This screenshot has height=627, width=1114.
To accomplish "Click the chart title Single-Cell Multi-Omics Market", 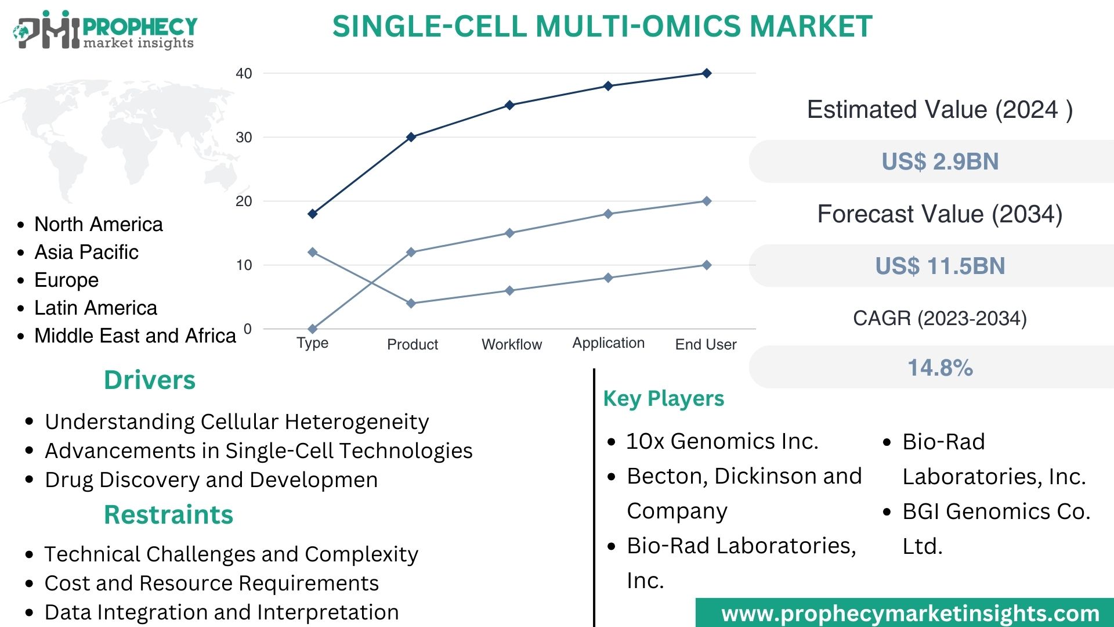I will [x=602, y=27].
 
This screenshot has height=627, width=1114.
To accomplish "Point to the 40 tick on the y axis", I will [x=244, y=74].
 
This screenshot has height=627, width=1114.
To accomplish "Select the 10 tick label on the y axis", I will [x=244, y=265].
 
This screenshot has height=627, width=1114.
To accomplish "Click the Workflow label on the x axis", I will [x=511, y=344].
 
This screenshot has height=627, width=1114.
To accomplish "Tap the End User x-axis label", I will [x=706, y=344].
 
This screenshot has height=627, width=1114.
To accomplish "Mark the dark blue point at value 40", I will [x=707, y=73].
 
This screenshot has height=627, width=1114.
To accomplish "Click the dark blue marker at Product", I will [x=411, y=137].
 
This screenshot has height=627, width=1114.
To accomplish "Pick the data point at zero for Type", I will [x=313, y=329].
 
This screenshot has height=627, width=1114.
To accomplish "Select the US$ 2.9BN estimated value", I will [x=940, y=161].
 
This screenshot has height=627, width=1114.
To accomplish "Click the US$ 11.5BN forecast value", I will [x=940, y=266].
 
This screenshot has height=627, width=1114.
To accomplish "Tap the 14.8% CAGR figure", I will [x=940, y=367].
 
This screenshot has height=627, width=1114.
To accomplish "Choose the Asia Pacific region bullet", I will [x=86, y=252].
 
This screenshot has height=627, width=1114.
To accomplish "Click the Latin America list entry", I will [x=96, y=308].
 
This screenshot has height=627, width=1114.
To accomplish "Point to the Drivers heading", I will [x=150, y=380].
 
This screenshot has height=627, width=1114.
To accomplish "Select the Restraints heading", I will [x=168, y=515].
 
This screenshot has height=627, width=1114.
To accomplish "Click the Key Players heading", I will [x=664, y=399].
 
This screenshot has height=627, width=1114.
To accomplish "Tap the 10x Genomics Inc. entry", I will [x=722, y=441].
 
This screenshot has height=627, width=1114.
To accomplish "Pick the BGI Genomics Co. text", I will [x=996, y=511].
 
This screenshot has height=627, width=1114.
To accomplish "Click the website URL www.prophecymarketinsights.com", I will [x=910, y=614].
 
